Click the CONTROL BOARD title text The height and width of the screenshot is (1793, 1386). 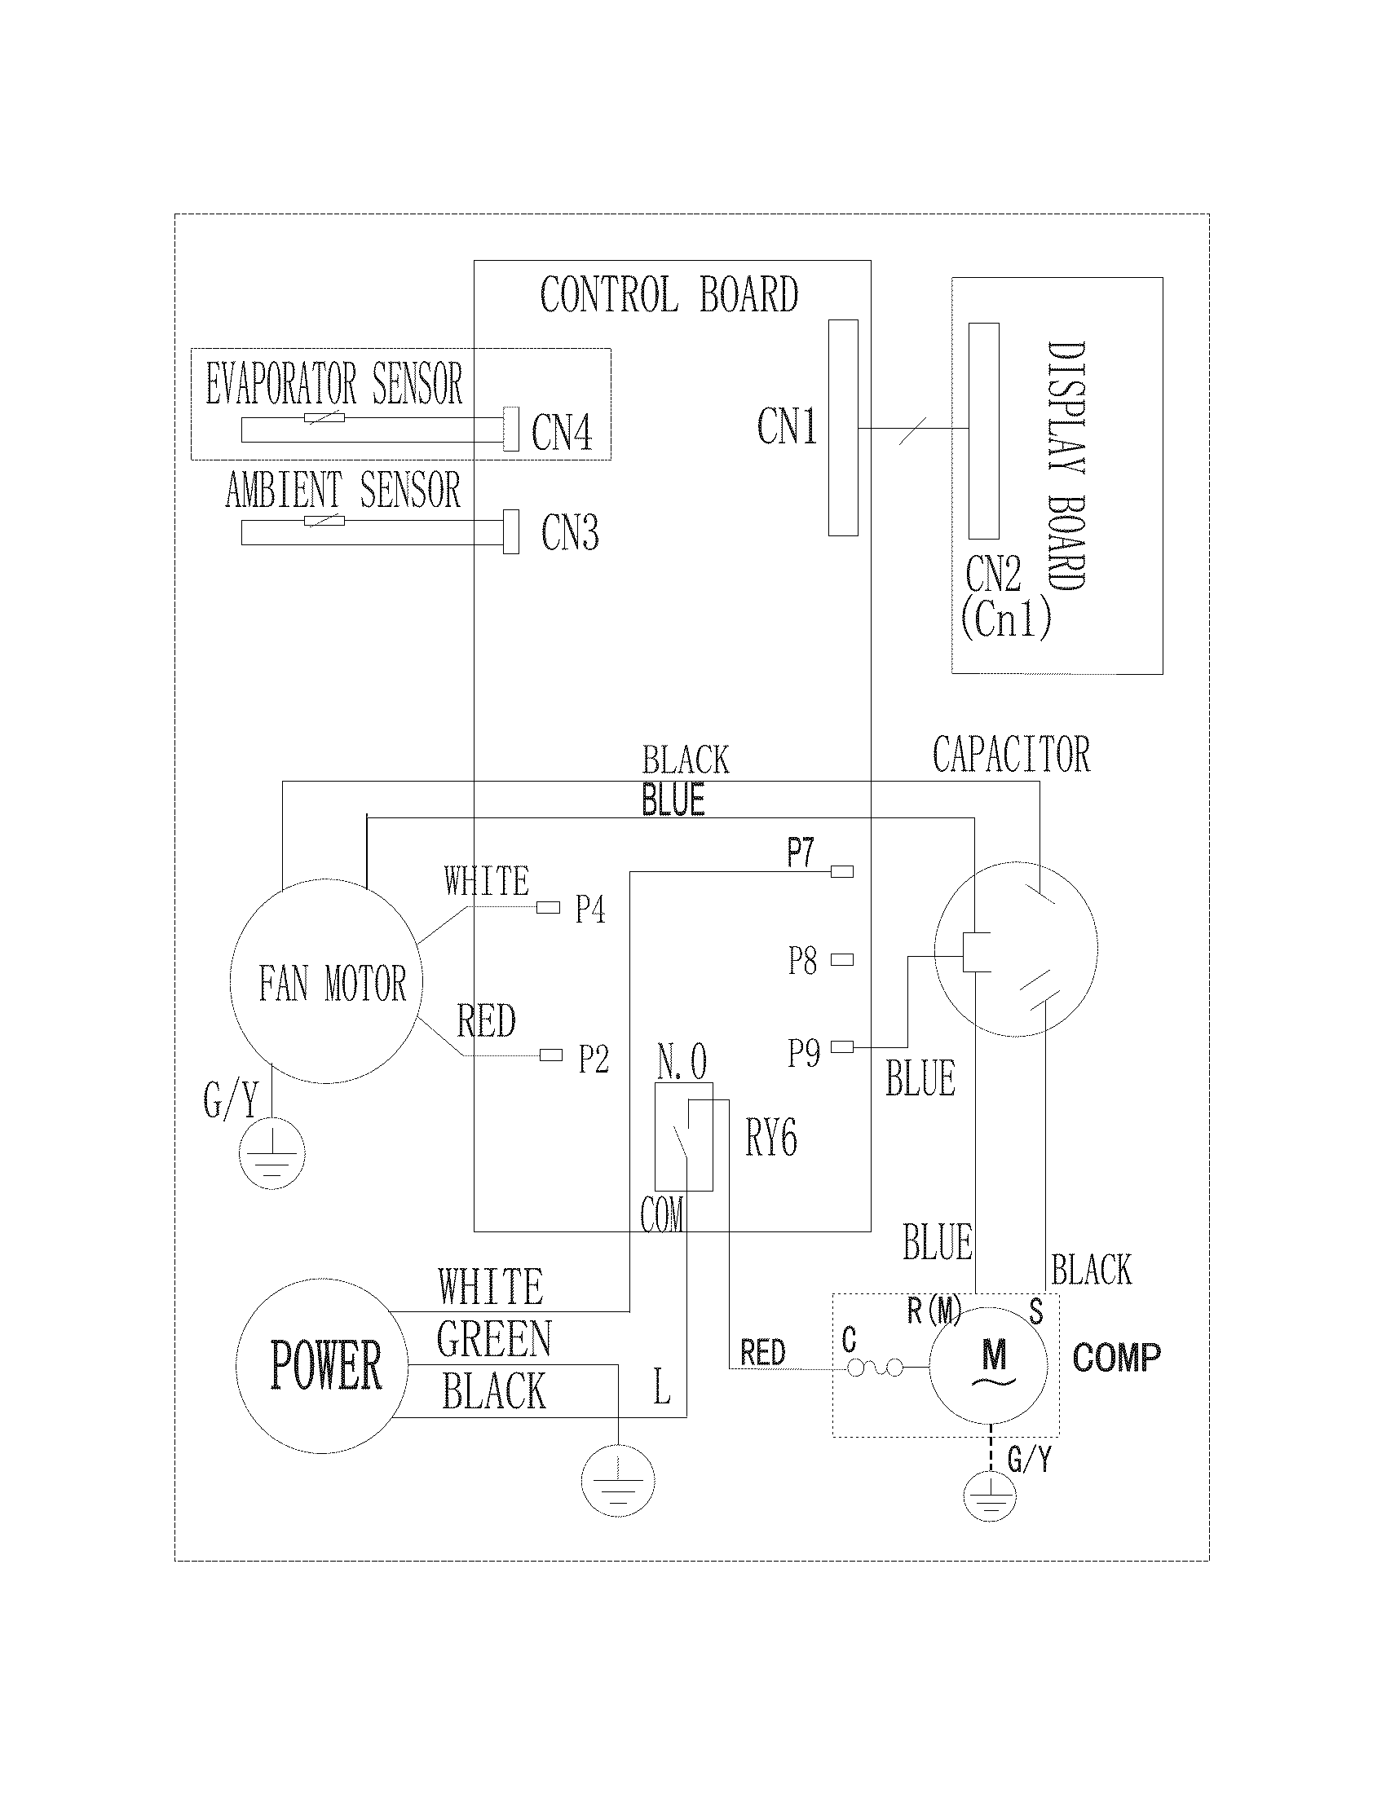point(669,295)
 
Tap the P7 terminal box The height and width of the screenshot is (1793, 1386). point(842,871)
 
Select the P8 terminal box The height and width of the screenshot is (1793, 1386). point(842,959)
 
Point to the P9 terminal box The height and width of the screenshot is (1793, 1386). point(842,1046)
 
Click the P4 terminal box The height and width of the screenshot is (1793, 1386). point(548,907)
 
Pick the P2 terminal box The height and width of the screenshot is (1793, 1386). point(550,1055)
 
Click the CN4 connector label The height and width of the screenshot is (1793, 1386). point(562,432)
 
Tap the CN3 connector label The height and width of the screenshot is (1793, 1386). point(570,533)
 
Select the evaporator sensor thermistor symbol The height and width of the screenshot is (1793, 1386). point(324,419)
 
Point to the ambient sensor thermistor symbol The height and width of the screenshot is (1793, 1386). point(324,522)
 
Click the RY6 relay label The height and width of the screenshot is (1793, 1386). point(771,1139)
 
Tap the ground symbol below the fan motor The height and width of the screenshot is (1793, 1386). point(271,1154)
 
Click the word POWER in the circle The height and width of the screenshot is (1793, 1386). point(326,1366)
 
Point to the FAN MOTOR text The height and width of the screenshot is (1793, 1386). point(333,984)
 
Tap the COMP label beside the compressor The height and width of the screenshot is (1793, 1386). point(1116,1357)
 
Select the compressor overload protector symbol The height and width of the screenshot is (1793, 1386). point(875,1367)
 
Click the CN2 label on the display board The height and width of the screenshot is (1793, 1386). point(993,574)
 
